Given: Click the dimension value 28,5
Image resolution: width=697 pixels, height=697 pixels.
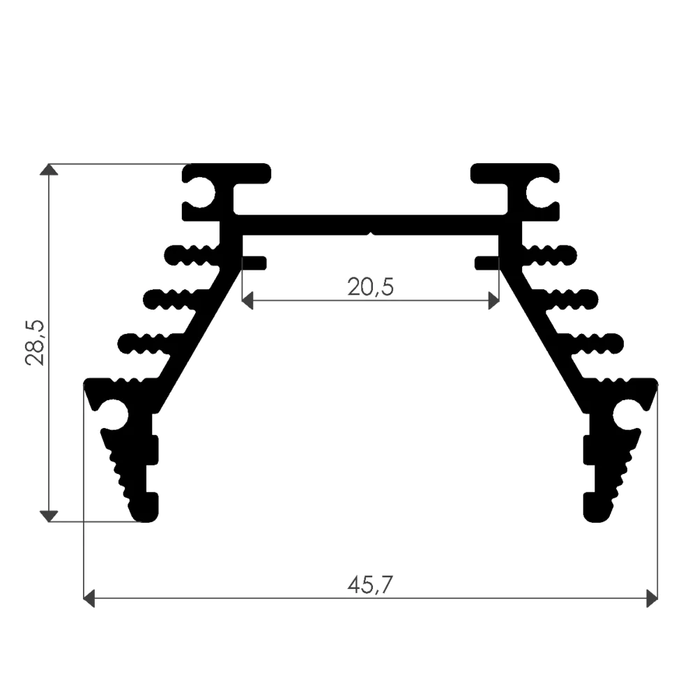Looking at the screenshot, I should point(35,342).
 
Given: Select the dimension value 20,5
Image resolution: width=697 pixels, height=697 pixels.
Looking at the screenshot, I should point(370,286).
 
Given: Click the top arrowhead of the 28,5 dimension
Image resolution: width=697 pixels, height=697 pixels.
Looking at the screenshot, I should point(48,170).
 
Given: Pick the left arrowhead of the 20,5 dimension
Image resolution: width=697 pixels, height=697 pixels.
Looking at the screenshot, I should point(247,300).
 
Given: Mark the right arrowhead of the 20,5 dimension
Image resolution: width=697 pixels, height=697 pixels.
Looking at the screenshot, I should point(494,300).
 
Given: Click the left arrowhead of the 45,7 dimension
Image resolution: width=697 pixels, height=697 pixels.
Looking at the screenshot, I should point(89,598).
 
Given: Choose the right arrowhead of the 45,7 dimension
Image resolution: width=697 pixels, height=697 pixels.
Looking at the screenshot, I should point(652,598).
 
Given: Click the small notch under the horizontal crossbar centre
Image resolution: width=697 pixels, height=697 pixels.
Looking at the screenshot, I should point(371,234).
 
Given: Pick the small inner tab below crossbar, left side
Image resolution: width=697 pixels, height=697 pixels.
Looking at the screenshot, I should point(255,263).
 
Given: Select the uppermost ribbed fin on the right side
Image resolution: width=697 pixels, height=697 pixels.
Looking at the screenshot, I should point(551,255).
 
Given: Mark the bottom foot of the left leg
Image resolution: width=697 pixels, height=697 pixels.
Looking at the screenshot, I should point(146,507).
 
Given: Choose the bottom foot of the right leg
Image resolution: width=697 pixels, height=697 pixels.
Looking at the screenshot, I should point(596,507).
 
